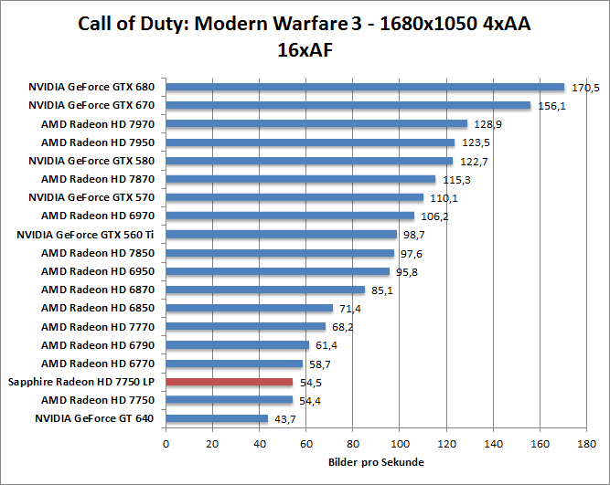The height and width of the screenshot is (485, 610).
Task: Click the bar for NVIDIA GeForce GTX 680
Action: pyautogui.click(x=365, y=88)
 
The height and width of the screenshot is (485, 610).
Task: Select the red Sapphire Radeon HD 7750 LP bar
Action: pyautogui.click(x=229, y=382)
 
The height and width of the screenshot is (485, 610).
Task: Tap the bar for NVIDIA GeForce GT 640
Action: pyautogui.click(x=217, y=418)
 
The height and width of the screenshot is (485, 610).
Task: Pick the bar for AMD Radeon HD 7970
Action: pyautogui.click(x=316, y=124)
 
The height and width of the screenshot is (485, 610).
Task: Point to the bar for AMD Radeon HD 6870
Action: pyautogui.click(x=265, y=290)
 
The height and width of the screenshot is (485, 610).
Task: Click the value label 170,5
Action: pyautogui.click(x=584, y=88)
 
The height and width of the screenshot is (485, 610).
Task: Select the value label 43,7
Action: pyautogui.click(x=287, y=418)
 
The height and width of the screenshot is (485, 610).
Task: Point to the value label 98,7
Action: pyautogui.click(x=414, y=235)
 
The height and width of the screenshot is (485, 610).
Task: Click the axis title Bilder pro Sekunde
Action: pyautogui.click(x=375, y=463)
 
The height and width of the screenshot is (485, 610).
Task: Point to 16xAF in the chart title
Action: pyautogui.click(x=305, y=50)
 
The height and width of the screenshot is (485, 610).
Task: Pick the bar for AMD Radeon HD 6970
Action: pyautogui.click(x=290, y=216)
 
